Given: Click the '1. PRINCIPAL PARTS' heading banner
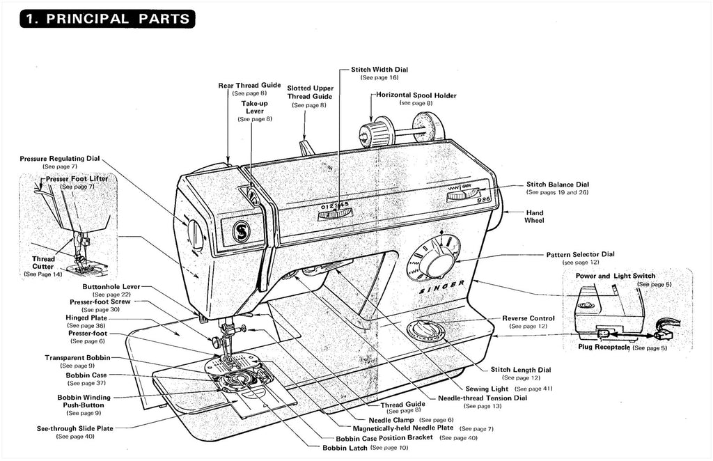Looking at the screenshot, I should point(106,18).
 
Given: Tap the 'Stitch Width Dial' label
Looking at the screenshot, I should point(379,70).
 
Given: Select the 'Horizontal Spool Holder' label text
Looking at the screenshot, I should point(416,95).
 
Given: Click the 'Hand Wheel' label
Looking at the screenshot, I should point(534,217).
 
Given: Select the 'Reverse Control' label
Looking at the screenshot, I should point(528,318).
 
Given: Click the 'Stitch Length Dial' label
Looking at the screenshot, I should point(520,370).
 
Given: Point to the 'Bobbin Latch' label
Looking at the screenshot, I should point(345,448).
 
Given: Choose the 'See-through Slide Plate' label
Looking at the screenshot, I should point(75,428).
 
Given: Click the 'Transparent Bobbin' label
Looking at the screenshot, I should point(77,357).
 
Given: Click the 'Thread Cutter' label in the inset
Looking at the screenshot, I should point(42,263).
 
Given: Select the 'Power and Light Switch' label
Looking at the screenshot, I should point(615,276).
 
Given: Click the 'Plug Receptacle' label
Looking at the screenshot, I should point(604,347).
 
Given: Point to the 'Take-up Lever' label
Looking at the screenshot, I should point(254,107).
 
